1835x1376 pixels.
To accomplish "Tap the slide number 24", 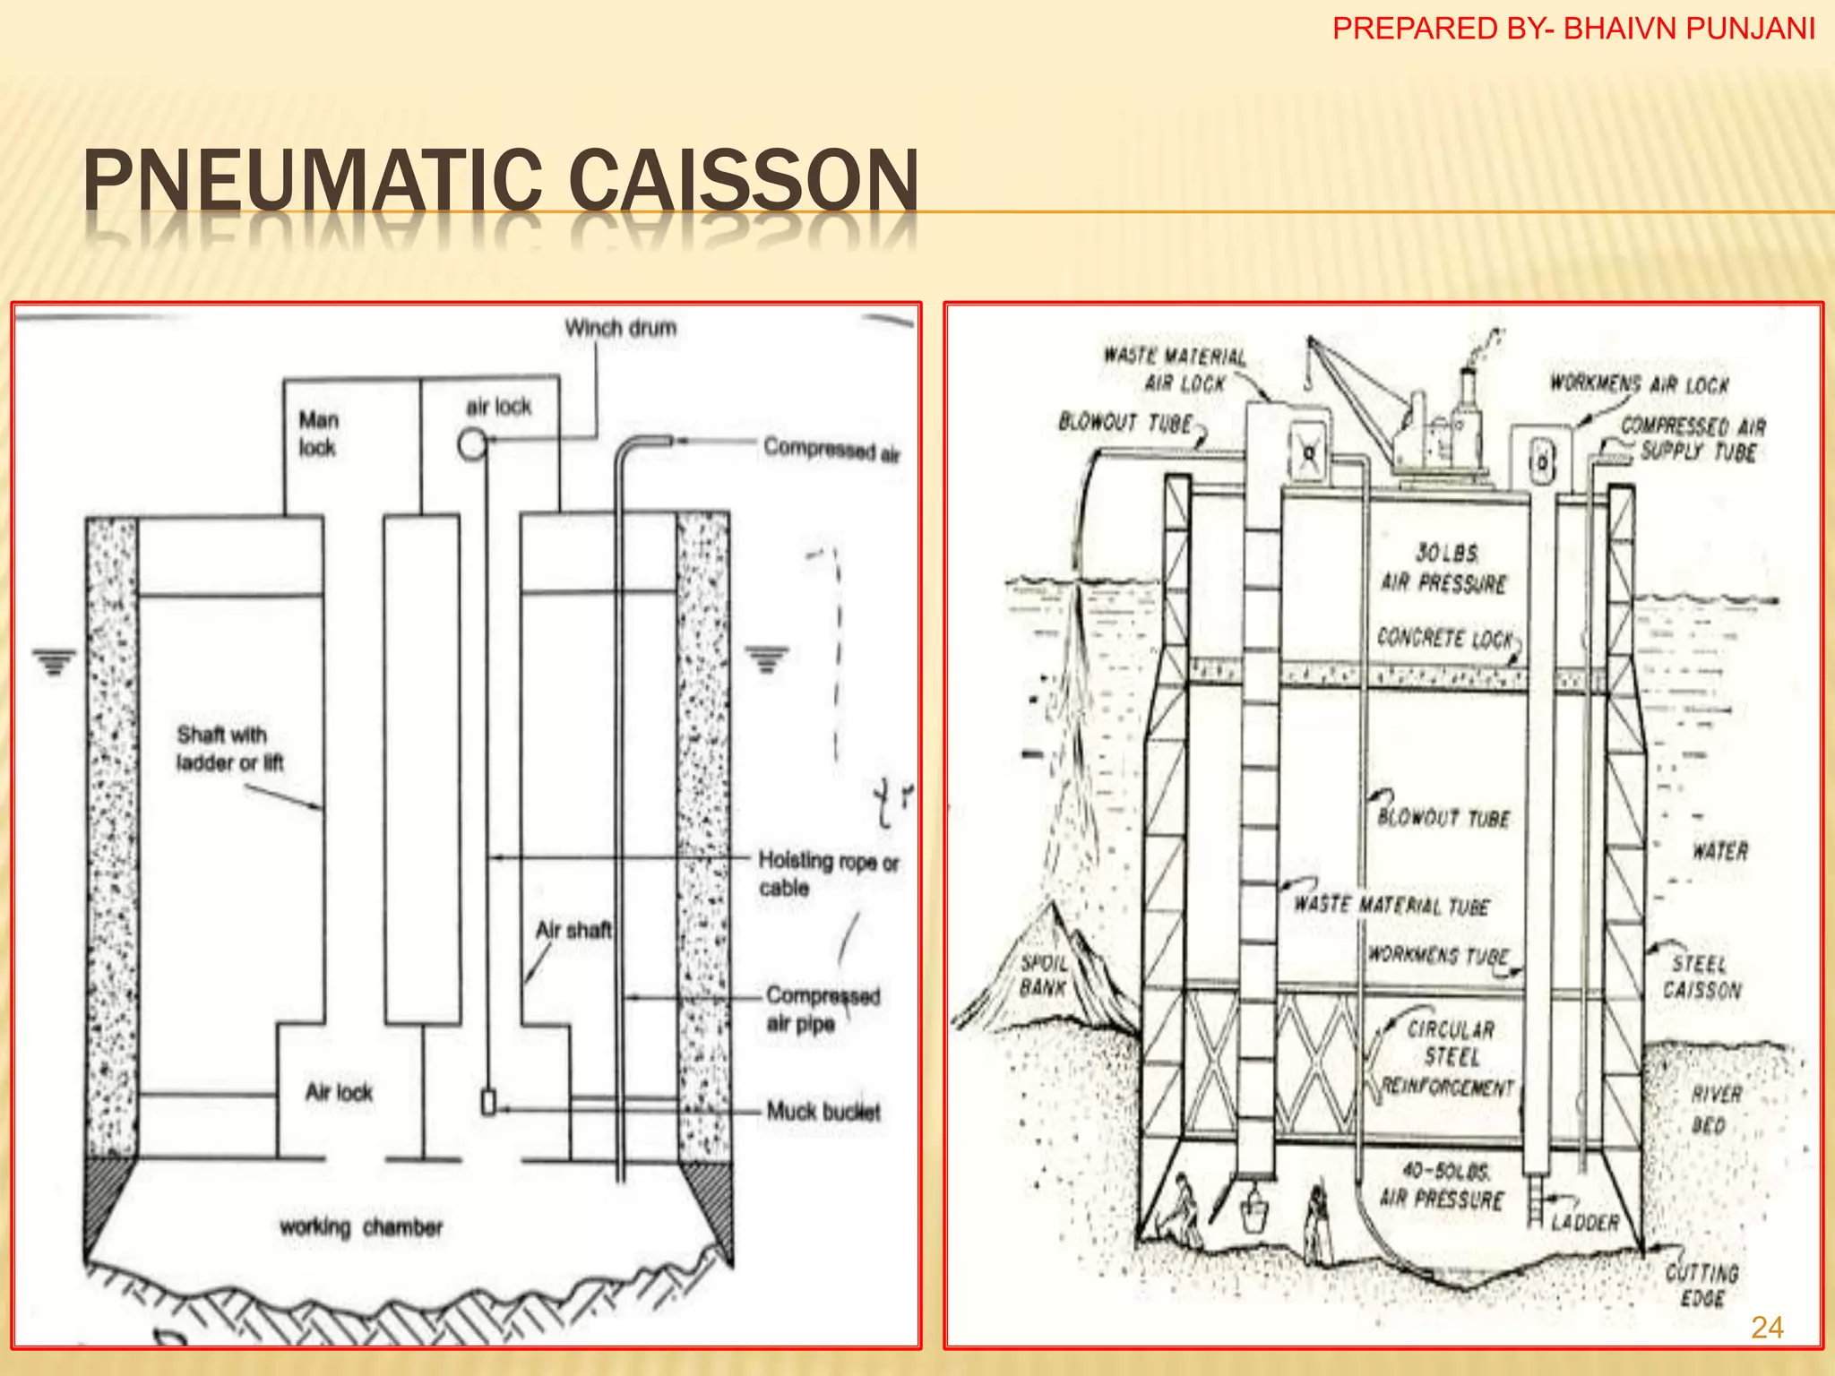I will (x=1767, y=1328).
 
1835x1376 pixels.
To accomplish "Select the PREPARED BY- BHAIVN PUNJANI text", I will (x=1573, y=29).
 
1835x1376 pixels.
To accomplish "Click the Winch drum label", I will (x=620, y=329).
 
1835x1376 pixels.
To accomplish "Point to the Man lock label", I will (x=318, y=434).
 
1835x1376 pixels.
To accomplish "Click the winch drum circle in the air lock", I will (x=471, y=443).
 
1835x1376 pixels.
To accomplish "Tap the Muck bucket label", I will (x=823, y=1112).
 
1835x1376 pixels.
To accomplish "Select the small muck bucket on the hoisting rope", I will (x=488, y=1102).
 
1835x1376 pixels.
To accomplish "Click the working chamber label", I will (x=361, y=1226).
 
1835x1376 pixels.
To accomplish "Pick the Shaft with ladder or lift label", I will (x=228, y=749).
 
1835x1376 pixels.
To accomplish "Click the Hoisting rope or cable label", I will (x=827, y=873).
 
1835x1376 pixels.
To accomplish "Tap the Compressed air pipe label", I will (x=823, y=1010).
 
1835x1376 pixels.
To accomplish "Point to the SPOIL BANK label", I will (x=1043, y=976).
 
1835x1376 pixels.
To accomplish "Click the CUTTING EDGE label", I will (x=1701, y=1285).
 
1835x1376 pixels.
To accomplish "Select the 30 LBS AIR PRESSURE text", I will (x=1443, y=568).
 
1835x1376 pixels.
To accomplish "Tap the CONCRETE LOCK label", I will (x=1444, y=638).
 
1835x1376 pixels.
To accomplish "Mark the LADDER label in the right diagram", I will (x=1584, y=1222).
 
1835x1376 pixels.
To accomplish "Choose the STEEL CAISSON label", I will (x=1701, y=976).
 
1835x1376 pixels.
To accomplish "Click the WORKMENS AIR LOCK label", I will (x=1639, y=384).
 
